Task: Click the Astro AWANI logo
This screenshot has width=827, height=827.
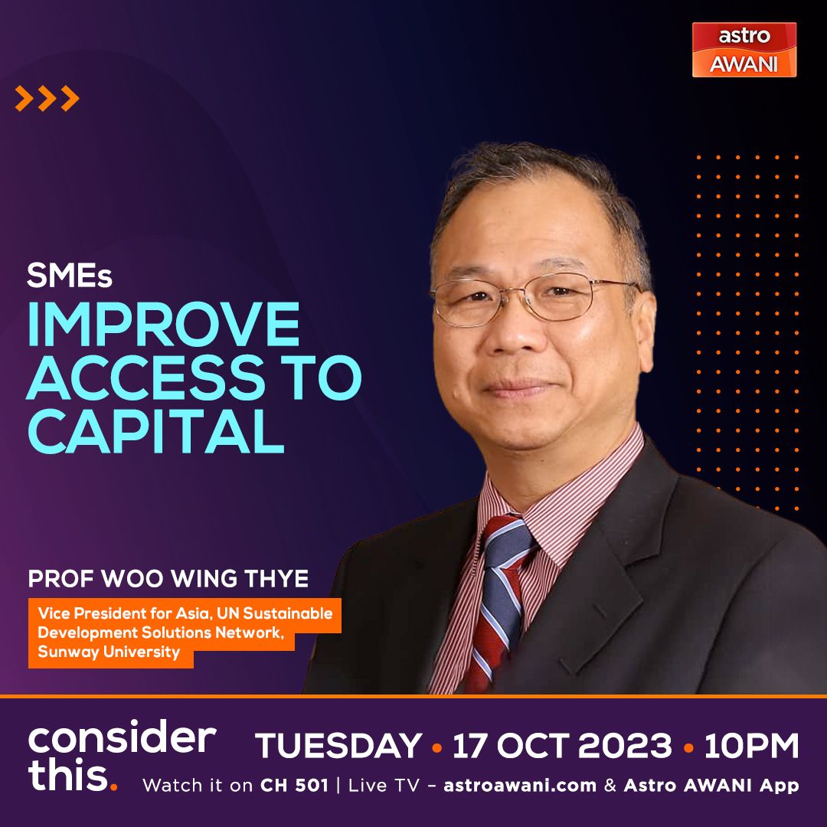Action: [744, 50]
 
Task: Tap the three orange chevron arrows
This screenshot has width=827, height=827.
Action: [47, 98]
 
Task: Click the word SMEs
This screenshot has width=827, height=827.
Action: [69, 276]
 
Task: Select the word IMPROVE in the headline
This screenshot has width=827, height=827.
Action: [163, 324]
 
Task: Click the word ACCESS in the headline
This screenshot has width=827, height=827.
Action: [146, 378]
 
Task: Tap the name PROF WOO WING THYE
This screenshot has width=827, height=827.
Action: [168, 579]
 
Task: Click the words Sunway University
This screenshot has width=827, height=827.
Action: [109, 652]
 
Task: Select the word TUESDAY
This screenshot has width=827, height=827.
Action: [338, 745]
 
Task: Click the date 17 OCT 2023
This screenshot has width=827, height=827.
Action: [562, 745]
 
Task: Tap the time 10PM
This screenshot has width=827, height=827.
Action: [752, 745]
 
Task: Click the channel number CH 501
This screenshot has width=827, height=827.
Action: [294, 786]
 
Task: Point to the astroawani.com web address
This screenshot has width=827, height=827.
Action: [520, 786]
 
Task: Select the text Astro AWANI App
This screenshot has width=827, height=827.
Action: [711, 786]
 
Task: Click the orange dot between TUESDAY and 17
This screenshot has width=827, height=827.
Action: [436, 747]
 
